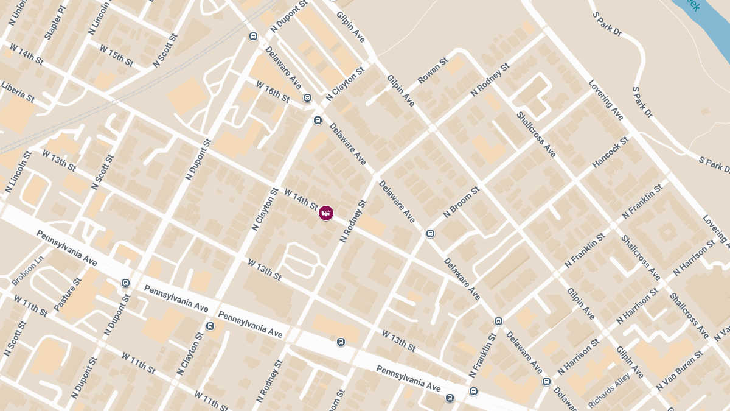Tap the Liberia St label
[x=18, y=90]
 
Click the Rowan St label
[x=433, y=72]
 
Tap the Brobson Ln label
[x=28, y=271]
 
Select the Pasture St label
[x=67, y=295]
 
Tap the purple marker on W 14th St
[x=326, y=213]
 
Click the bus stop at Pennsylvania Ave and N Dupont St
[x=125, y=283]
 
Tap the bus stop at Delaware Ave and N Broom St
[x=430, y=233]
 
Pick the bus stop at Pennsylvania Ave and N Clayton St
[x=210, y=326]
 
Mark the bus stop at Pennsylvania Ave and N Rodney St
[x=341, y=342]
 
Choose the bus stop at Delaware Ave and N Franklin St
[x=498, y=321]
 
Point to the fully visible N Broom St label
[x=462, y=202]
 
